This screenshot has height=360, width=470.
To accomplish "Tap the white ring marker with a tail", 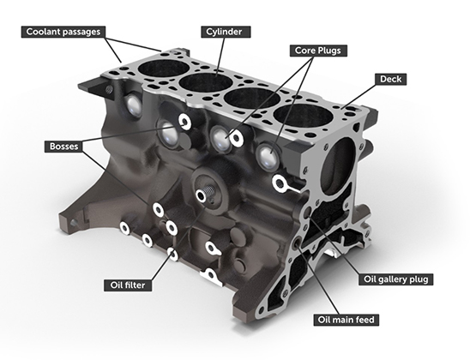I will [279, 183].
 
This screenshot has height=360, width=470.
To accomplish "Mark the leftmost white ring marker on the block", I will [125, 228].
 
